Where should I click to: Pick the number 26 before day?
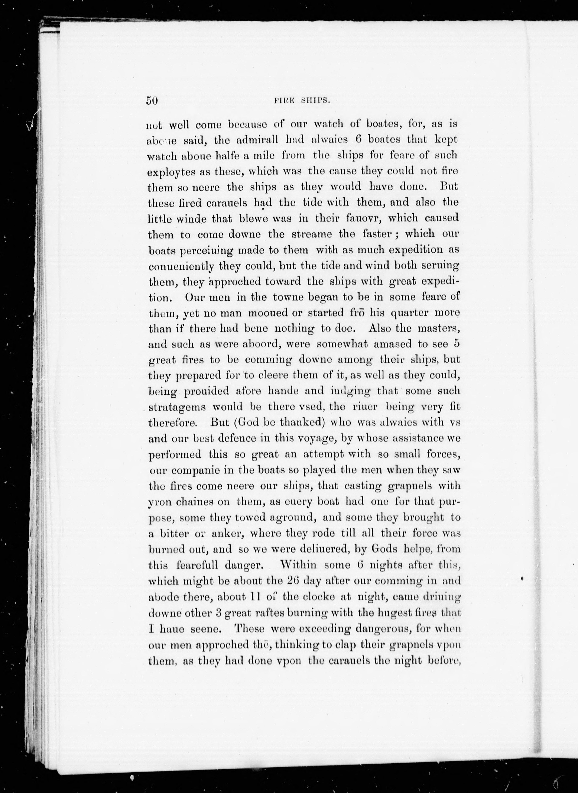tap(291, 581)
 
